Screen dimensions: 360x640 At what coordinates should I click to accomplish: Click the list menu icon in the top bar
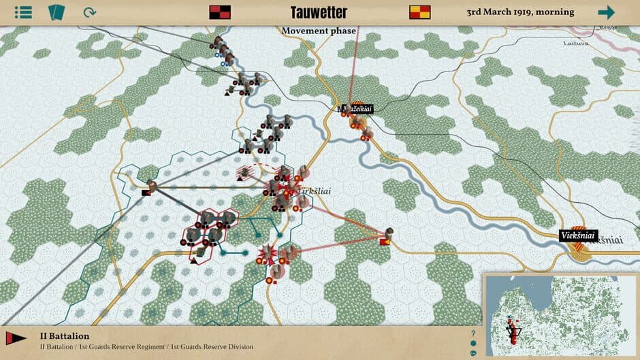[x=23, y=12]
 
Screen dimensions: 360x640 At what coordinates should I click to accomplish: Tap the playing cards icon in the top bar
[x=56, y=12]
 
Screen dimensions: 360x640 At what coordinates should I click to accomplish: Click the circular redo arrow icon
[x=89, y=12]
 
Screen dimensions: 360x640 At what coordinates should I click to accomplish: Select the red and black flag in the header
[x=219, y=12]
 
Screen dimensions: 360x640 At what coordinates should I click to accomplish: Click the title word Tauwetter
[x=319, y=12]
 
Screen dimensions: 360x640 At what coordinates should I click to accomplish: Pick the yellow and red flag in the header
[x=419, y=12]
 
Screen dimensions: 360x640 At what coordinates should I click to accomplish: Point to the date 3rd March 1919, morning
[x=520, y=12]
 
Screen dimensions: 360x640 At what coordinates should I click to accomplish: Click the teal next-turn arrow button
[x=606, y=12]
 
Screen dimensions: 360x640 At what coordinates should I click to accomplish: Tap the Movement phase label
[x=319, y=31]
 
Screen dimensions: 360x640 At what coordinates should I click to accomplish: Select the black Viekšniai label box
[x=578, y=235]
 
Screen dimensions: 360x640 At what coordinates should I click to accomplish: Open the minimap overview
[x=560, y=316]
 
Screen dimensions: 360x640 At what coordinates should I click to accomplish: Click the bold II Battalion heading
[x=65, y=336]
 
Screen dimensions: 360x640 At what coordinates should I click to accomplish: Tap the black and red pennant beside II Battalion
[x=16, y=338]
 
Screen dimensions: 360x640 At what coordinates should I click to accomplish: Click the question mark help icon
[x=473, y=333]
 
